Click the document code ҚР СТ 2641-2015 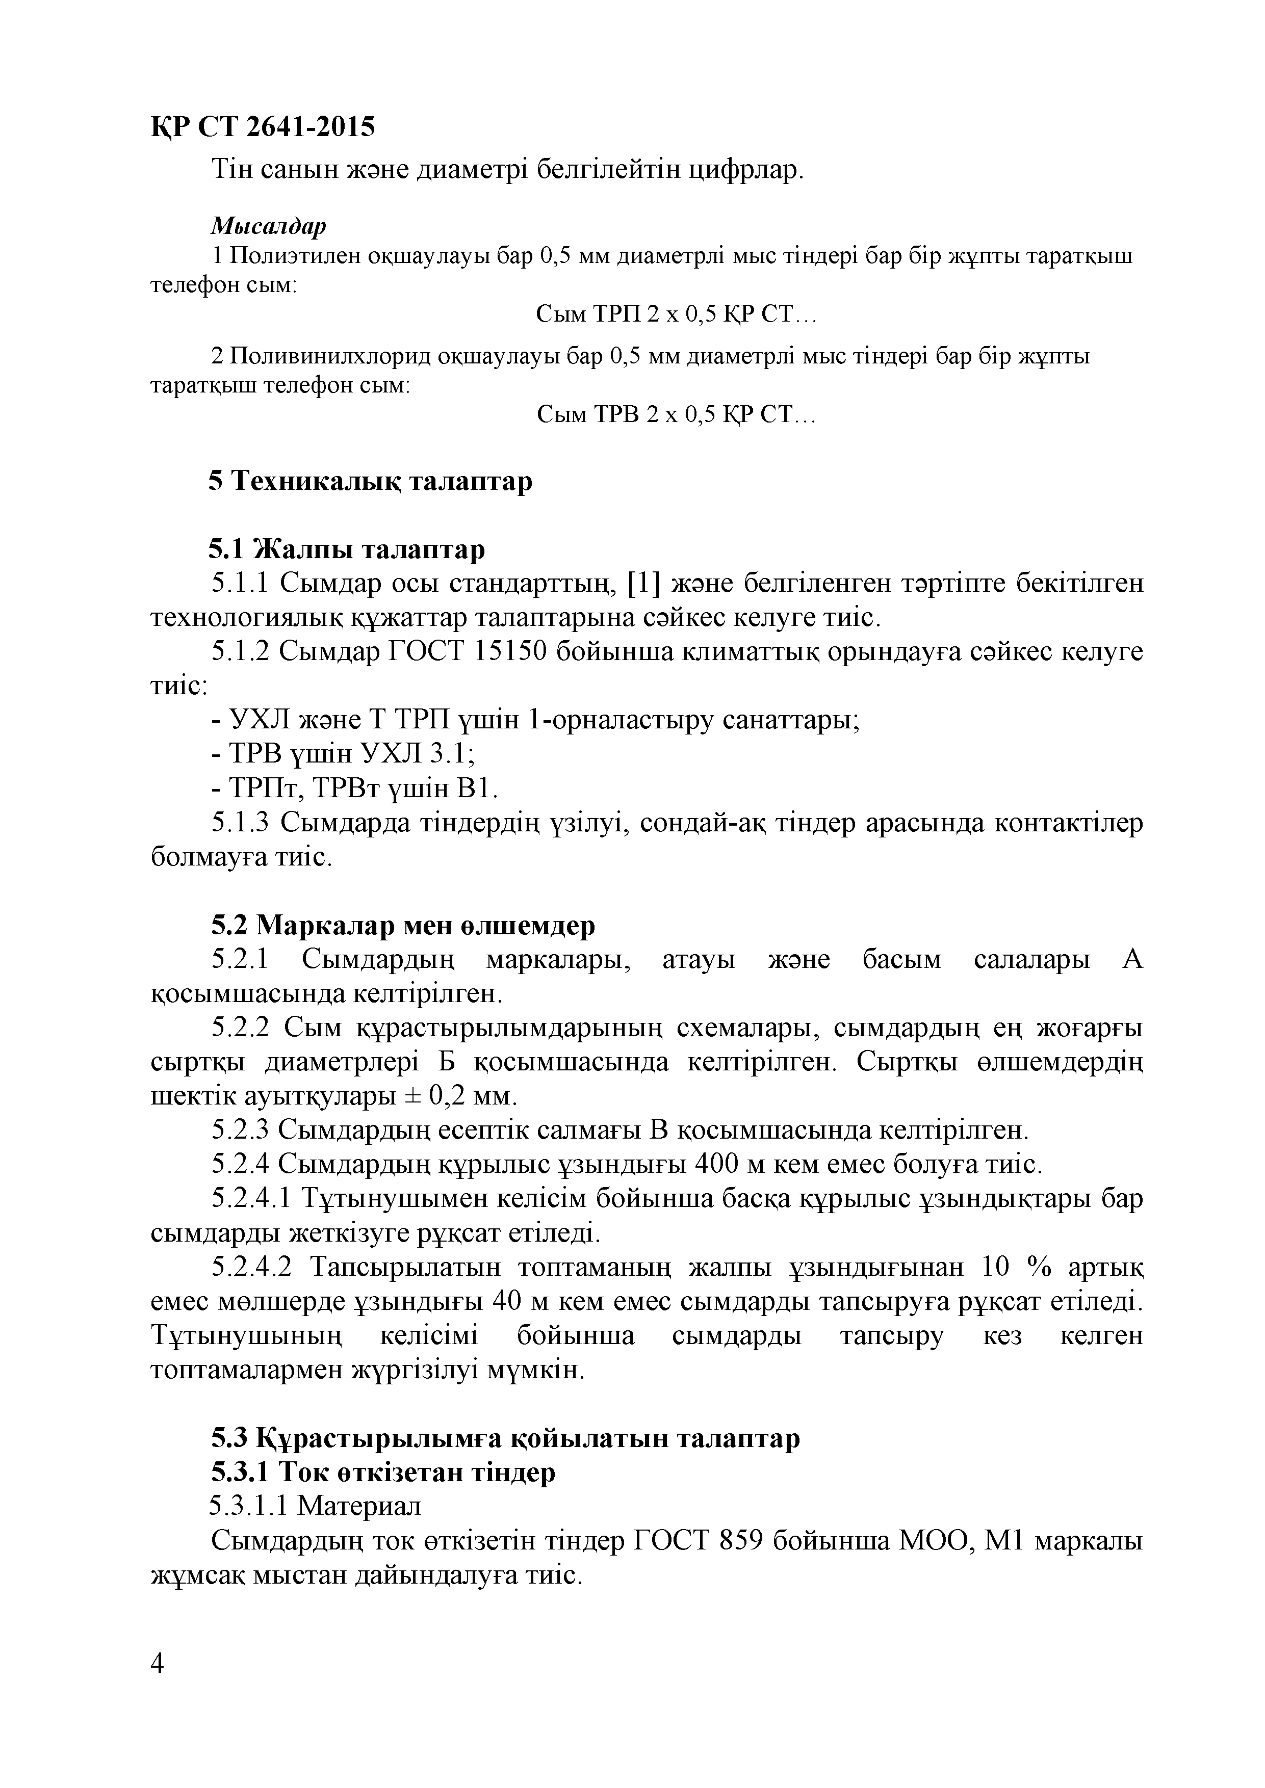point(263,126)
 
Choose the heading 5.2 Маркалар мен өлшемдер point(403,925)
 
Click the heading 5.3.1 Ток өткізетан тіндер point(383,1472)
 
